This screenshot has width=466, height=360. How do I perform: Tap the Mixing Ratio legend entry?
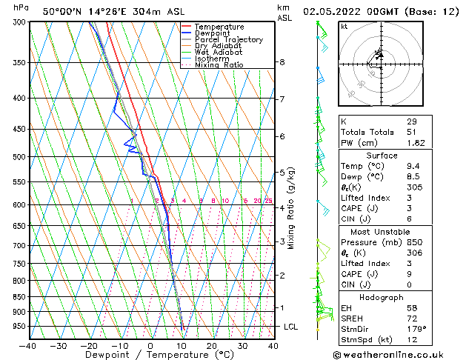click(219, 65)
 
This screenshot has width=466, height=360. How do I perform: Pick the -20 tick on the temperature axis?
click(89, 345)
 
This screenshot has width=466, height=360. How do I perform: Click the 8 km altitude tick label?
click(282, 62)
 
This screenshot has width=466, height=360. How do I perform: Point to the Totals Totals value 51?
click(411, 132)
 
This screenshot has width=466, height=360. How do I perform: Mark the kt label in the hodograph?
click(344, 27)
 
